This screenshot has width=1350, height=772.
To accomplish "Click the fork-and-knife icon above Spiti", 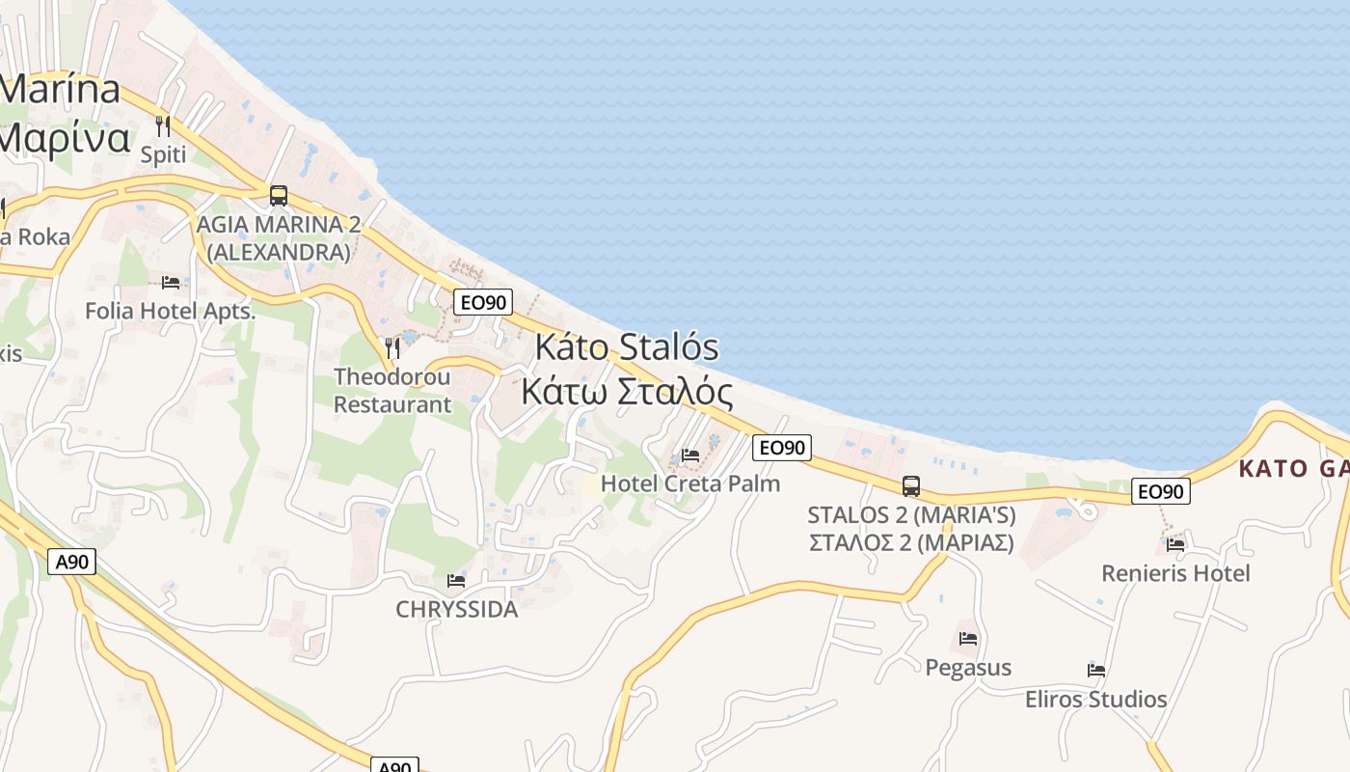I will tap(163, 125).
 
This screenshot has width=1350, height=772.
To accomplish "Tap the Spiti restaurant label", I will tap(163, 154).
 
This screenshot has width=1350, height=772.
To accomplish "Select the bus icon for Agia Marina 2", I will tap(279, 196).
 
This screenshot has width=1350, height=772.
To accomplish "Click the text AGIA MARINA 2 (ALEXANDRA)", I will tap(279, 238).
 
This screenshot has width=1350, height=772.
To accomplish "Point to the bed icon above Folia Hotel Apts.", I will tap(171, 283).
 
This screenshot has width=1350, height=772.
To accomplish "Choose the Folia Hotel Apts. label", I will tap(171, 311).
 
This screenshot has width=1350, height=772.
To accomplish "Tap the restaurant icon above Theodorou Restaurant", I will tap(391, 347).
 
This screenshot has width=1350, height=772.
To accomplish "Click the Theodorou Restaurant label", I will tap(391, 390).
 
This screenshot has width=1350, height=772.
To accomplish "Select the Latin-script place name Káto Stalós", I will tap(627, 346).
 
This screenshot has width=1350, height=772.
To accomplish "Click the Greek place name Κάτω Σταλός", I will tap(627, 392).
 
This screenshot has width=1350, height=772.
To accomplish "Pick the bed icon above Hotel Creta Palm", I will tap(690, 455).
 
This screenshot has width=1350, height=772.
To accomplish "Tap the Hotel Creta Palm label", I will tap(690, 483).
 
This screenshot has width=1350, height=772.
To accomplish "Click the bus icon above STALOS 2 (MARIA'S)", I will tap(911, 486).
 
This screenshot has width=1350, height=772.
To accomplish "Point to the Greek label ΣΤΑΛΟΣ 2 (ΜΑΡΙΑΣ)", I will tap(911, 542).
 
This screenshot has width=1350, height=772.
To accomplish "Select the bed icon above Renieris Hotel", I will tap(1175, 544).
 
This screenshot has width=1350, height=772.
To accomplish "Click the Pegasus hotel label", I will tap(968, 668).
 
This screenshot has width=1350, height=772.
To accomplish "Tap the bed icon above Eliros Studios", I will tap(1096, 671).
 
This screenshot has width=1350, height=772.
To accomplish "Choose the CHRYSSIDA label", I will tap(456, 610).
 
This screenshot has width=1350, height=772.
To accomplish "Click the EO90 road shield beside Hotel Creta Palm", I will tap(782, 448).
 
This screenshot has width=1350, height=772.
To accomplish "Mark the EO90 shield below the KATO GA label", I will tap(1161, 491).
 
